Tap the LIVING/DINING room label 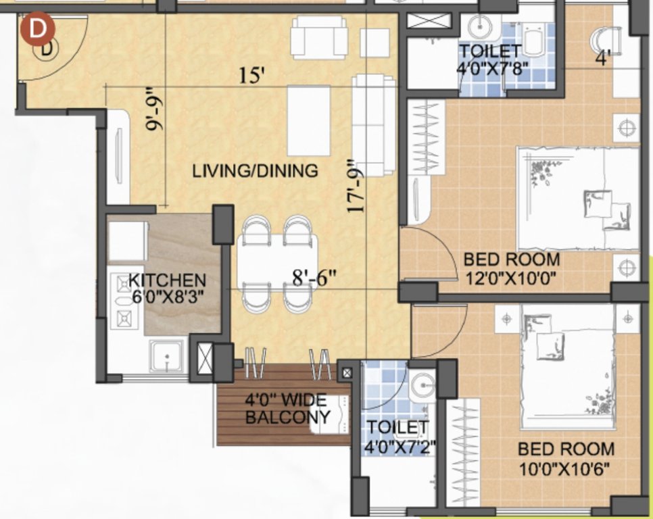tap(255, 170)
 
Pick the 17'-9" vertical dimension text tap(356, 186)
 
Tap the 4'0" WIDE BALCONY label tap(287, 408)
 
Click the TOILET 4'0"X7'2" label tap(397, 437)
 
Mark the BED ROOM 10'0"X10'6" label tap(566, 458)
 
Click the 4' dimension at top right tap(603, 59)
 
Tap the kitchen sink tap(166, 355)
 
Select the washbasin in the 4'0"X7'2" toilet tap(424, 383)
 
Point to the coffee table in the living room tap(308, 120)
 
